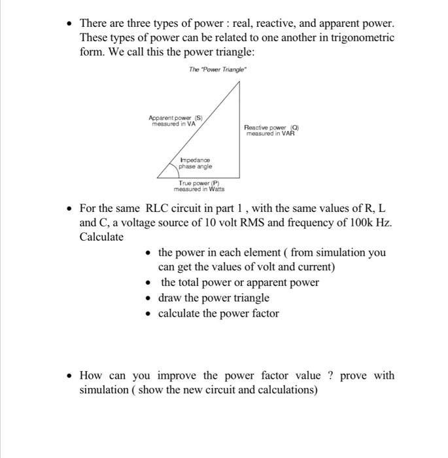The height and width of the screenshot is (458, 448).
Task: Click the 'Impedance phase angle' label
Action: tap(195, 163)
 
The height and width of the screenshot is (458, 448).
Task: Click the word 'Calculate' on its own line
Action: tap(101, 237)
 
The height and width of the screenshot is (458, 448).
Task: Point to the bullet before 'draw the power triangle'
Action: tap(150, 298)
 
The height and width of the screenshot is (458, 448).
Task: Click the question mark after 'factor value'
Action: tap(331, 375)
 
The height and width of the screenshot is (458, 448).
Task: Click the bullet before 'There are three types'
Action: tap(70, 24)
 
